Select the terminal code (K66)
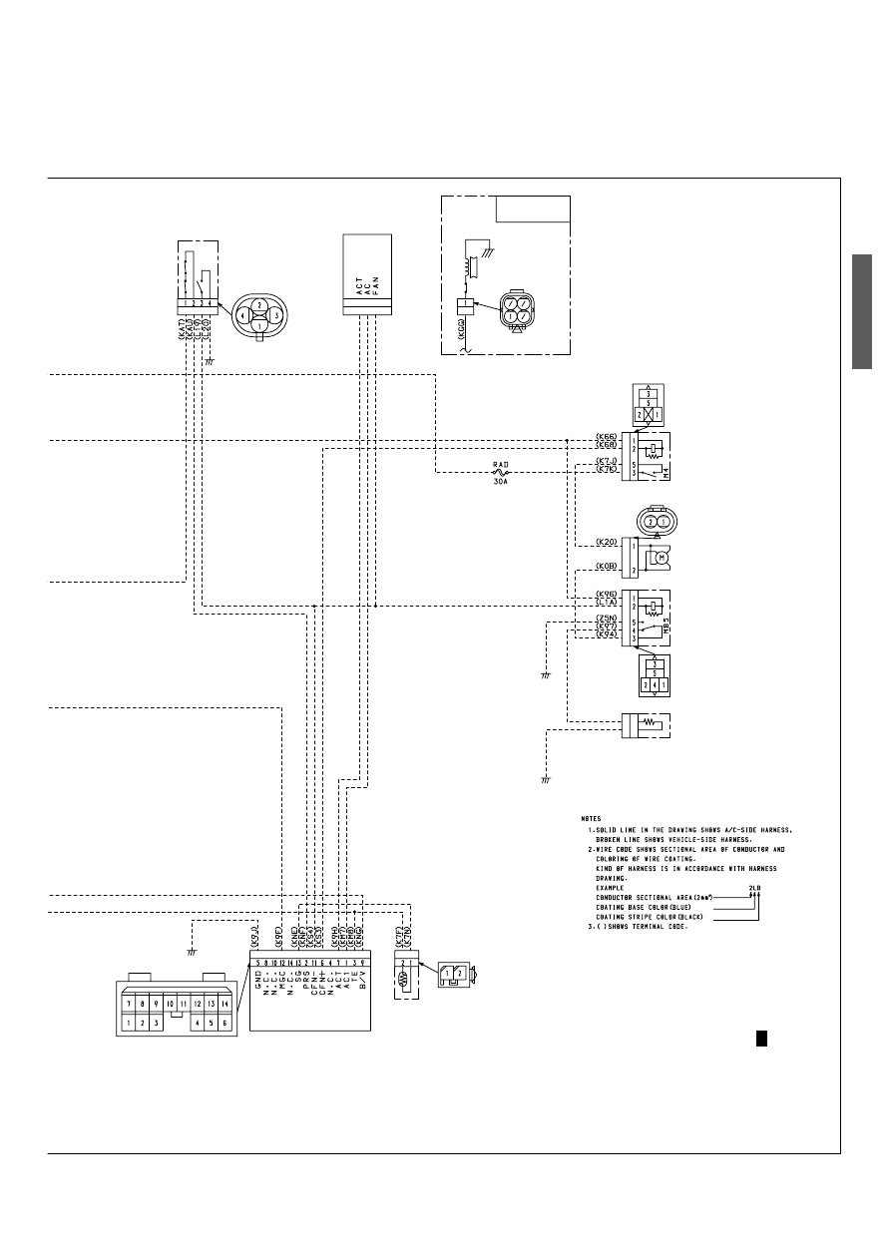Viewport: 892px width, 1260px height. [x=606, y=437]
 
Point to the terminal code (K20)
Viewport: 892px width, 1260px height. [x=606, y=543]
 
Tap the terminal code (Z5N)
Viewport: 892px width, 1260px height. [x=606, y=619]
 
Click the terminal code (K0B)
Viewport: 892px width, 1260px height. [x=606, y=567]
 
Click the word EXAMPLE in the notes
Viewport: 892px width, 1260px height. [x=609, y=887]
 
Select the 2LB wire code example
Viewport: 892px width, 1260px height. [x=754, y=886]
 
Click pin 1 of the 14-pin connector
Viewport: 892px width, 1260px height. [x=129, y=1024]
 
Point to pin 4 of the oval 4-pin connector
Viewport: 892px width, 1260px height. [x=241, y=314]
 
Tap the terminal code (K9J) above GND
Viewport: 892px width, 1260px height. [x=255, y=935]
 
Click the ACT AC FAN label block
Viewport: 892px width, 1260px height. [x=366, y=275]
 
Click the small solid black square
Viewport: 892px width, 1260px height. [x=760, y=1040]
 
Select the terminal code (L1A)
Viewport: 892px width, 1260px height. [x=606, y=603]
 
